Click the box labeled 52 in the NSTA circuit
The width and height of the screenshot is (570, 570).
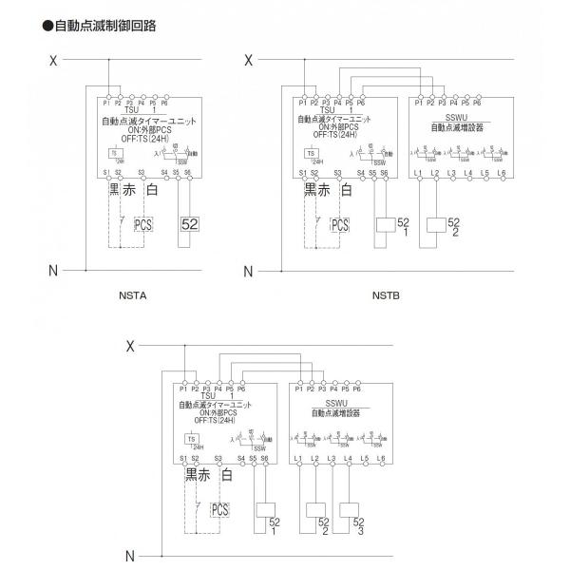point(188,224)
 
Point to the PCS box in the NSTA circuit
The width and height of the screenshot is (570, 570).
point(142,225)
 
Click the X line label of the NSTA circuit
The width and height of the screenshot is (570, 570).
point(53,61)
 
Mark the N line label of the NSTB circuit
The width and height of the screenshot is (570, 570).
point(248,272)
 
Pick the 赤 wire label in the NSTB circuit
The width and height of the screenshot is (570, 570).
point(326,190)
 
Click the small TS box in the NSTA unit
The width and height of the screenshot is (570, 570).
point(114,153)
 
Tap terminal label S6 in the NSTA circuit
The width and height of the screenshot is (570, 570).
point(188,173)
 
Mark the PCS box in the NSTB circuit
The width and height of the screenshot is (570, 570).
point(339,225)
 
